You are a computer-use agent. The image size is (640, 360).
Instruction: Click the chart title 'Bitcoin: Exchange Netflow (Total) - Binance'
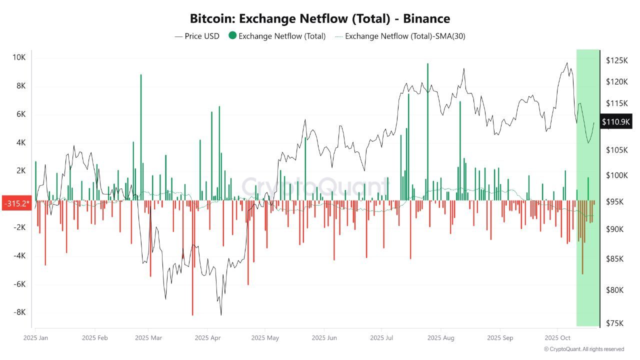pyautogui.click(x=320, y=18)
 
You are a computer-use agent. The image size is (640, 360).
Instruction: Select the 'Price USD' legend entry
pyautogui.click(x=197, y=36)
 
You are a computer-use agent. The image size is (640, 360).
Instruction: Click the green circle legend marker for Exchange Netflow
pyautogui.click(x=232, y=36)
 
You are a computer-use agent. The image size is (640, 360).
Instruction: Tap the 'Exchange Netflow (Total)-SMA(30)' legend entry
pyautogui.click(x=400, y=36)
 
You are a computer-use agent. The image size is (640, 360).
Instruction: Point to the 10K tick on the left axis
pyautogui.click(x=19, y=57)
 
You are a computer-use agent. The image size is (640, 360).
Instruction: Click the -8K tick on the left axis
pyautogui.click(x=19, y=312)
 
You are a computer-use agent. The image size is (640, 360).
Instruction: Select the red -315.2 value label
pyautogui.click(x=16, y=204)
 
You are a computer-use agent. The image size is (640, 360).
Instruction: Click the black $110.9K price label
pyautogui.click(x=616, y=121)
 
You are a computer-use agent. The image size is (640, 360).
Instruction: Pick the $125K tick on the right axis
pyautogui.click(x=616, y=60)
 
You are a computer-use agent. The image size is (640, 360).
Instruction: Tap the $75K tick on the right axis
pyautogui.click(x=615, y=323)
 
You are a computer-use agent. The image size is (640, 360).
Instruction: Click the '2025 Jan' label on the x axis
pyautogui.click(x=36, y=338)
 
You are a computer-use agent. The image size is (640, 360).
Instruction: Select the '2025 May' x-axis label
pyautogui.click(x=265, y=338)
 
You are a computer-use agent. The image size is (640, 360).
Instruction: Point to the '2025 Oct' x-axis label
pyautogui.click(x=557, y=338)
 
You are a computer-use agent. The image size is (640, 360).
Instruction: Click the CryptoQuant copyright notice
pyautogui.click(x=584, y=349)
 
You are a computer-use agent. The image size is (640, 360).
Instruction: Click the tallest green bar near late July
pyautogui.click(x=427, y=130)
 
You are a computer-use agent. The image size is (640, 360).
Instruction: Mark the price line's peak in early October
pyautogui.click(x=566, y=63)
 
